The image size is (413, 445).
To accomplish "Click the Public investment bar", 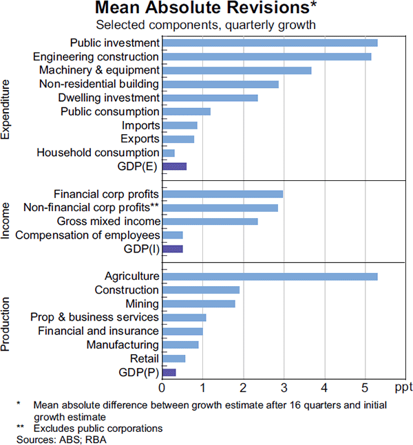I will (x=269, y=43).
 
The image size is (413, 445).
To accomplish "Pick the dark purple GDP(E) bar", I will (x=174, y=166).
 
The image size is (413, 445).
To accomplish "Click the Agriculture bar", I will (x=269, y=276).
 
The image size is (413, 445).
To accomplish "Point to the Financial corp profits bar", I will (x=222, y=194).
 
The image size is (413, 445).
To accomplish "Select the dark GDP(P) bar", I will (x=169, y=372).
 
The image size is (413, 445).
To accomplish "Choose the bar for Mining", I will (x=198, y=304).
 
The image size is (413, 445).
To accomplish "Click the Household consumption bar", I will (x=168, y=153).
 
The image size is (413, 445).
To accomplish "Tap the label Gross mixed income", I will (x=109, y=221).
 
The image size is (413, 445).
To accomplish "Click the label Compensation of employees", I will (x=87, y=235).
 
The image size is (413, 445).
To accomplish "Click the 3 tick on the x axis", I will (x=284, y=388).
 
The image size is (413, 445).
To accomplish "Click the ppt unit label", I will (x=403, y=388).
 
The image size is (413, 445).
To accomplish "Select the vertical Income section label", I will (x=6, y=221).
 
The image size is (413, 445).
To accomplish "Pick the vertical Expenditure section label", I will (x=6, y=110).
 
